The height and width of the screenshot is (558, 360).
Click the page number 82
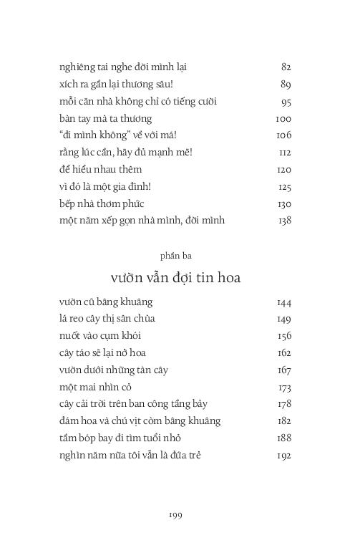point(286,67)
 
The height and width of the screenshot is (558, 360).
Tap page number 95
point(286,102)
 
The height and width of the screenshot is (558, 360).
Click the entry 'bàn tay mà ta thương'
point(105,119)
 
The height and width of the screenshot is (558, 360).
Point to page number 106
point(283,135)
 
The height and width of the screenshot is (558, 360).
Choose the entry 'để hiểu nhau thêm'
point(100,170)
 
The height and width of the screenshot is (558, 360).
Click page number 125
point(284,187)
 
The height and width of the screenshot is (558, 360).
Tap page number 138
point(284,221)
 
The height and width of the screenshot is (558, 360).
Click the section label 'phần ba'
point(175,254)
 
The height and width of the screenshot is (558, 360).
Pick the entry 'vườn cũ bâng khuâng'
point(106,302)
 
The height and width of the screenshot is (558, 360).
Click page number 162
point(283,353)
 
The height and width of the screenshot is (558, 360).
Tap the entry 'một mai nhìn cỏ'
point(96,388)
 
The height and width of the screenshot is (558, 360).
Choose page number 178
point(283,405)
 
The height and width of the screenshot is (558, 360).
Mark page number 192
point(283,456)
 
